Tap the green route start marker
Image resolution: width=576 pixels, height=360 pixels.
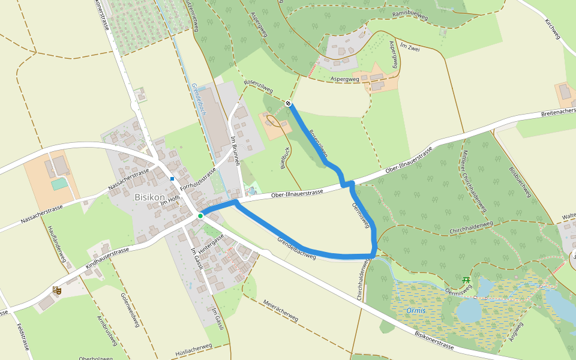pos(200,214)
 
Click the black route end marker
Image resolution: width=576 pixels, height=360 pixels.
pos(289,104)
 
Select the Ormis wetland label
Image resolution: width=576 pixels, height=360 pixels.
pos(416,310)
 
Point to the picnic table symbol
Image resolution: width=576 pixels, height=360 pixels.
pos(466,279)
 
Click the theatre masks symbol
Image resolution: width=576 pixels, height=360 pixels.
pos(57,290)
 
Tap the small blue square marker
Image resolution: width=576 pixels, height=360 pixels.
pos(172,178)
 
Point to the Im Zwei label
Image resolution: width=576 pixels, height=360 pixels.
pos(410,49)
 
